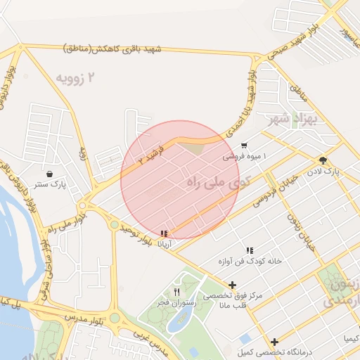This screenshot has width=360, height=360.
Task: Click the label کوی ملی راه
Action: click(x=219, y=182)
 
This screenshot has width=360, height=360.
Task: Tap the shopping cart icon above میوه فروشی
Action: click(x=243, y=146)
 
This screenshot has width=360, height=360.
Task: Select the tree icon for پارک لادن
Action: click(x=323, y=160)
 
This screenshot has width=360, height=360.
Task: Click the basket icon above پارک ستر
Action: click(x=49, y=174)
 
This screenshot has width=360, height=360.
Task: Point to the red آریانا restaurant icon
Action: click(x=165, y=233)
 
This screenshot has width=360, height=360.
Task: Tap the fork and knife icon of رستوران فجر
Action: click(x=176, y=292)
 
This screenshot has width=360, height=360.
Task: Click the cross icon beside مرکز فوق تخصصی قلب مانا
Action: click(x=233, y=285)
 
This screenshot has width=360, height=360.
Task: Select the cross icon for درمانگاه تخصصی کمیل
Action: click(x=275, y=341)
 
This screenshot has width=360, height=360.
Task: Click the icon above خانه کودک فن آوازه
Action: click(x=249, y=250)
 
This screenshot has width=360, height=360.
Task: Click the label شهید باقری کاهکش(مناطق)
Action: click(x=112, y=49)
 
